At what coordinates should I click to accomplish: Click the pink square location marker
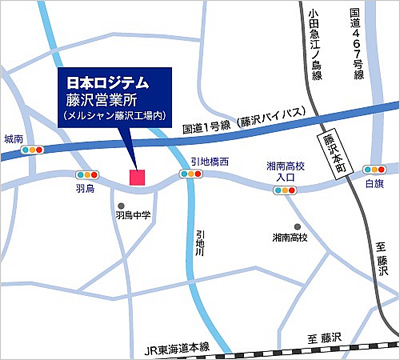pyautogui.click(x=137, y=177)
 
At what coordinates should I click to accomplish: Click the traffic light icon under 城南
pyautogui.click(x=36, y=149)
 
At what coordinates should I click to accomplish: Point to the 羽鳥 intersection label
pyautogui.click(x=85, y=187)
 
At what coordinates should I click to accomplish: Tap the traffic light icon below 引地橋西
pyautogui.click(x=189, y=174)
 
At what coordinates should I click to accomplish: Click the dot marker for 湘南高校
pyautogui.click(x=297, y=226)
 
